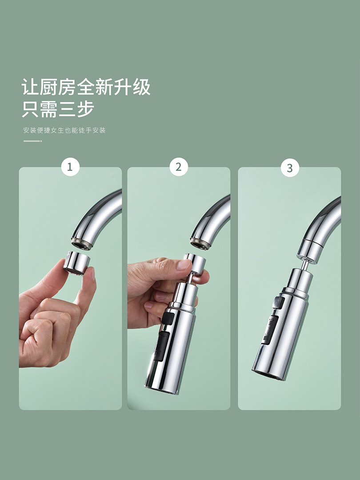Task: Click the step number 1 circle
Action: click(x=70, y=167)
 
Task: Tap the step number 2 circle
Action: click(x=179, y=167)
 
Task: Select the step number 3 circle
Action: click(x=290, y=168)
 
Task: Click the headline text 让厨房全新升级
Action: click(x=86, y=87)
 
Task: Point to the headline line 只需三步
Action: click(x=58, y=109)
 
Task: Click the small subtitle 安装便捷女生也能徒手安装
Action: click(x=64, y=130)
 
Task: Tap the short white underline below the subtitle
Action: click(x=32, y=141)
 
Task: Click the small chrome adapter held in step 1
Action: click(x=76, y=263)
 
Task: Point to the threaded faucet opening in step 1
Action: click(x=81, y=244)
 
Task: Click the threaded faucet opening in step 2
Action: click(x=200, y=244)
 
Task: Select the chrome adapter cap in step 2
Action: click(x=195, y=263)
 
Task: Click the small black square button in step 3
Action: click(x=278, y=302)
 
